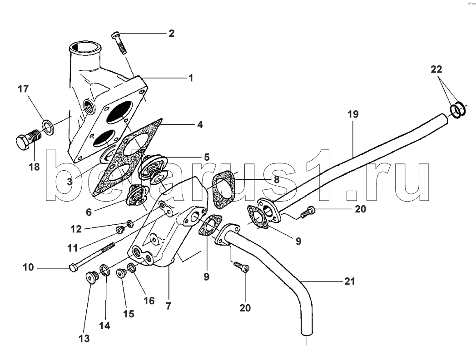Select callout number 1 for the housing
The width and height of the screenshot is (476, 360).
coord(191,78)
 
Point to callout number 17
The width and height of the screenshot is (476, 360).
coord(23,89)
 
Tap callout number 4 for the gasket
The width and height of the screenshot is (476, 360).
coord(200,123)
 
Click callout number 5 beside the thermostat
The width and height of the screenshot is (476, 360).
coord(206,158)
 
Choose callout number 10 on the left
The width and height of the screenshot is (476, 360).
coord(28,267)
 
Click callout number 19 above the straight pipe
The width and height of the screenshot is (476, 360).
coord(353,114)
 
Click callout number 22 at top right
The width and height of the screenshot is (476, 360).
coord(436,69)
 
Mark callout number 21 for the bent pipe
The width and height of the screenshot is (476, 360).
coord(349,281)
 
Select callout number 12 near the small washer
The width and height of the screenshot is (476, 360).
coord(76,229)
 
